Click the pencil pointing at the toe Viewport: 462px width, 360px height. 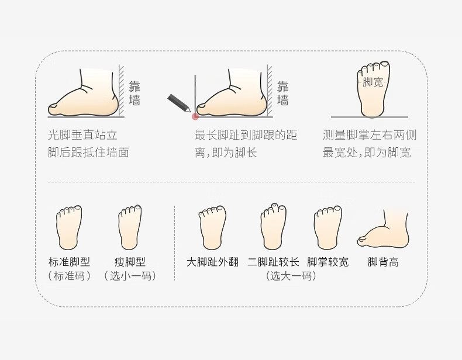click(179, 103)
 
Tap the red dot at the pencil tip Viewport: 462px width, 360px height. click(195, 117)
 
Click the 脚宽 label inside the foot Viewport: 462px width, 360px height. click(373, 82)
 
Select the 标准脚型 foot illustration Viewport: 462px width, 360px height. click(69, 227)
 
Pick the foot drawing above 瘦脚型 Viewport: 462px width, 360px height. click(130, 227)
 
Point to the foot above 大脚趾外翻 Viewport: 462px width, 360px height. click(212, 227)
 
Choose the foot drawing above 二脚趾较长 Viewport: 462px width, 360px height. click(274, 226)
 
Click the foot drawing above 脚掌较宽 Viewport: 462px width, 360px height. click(327, 227)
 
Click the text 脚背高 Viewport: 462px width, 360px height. click(383, 262)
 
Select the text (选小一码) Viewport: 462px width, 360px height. click(130, 276)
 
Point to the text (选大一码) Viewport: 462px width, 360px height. click(291, 276)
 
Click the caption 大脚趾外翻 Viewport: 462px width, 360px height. click(212, 262)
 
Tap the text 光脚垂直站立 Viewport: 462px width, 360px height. click(82, 135)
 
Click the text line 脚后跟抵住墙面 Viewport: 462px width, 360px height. click(88, 153)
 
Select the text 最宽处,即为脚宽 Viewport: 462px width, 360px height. click(367, 153)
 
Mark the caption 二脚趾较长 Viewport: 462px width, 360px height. click(273, 262)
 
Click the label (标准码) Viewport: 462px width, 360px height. click(69, 276)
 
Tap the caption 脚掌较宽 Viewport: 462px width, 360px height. click(327, 262)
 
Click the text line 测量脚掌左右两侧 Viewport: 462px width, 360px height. click(370, 135)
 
